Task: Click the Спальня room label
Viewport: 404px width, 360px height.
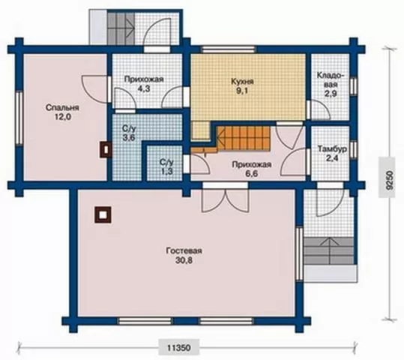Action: click(62, 107)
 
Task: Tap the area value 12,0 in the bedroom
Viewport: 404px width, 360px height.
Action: click(62, 117)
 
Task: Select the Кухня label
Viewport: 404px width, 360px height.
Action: click(242, 82)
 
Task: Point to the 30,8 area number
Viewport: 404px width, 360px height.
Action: click(184, 260)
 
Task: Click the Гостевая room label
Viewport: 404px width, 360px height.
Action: click(184, 250)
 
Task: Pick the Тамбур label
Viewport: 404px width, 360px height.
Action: click(332, 148)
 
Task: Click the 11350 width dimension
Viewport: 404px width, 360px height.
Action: click(179, 348)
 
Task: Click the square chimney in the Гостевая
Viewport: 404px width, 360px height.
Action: click(103, 214)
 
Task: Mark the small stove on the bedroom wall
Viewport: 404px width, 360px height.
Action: click(106, 149)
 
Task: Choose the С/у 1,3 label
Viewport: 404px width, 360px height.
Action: click(166, 166)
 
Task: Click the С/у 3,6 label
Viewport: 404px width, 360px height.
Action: click(129, 133)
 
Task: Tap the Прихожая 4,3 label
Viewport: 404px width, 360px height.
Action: click(144, 83)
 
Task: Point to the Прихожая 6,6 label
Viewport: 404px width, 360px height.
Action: click(252, 169)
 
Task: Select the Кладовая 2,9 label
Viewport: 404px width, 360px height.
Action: click(331, 84)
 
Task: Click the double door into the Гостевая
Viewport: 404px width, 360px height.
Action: click(226, 199)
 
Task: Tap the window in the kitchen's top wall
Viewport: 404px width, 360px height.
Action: click(228, 49)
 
